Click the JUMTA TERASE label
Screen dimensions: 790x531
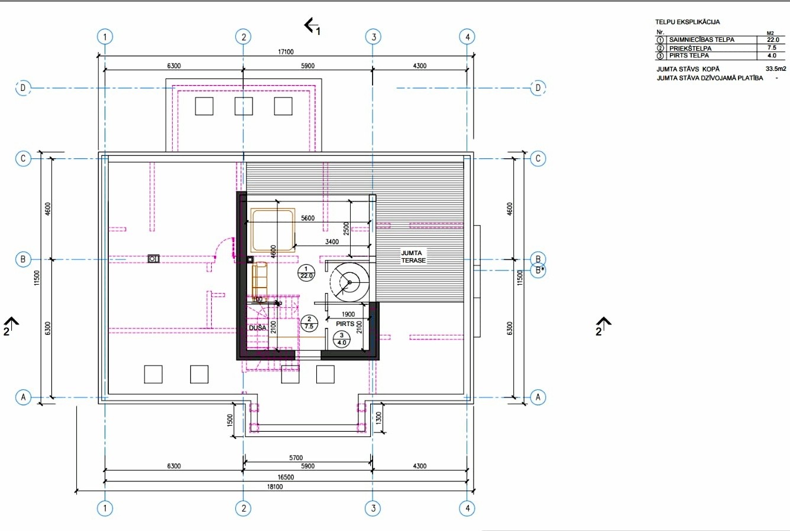413,256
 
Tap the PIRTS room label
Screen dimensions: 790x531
345,324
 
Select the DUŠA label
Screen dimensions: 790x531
257,328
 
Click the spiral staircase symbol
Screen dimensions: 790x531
349,282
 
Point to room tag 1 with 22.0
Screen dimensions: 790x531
306,272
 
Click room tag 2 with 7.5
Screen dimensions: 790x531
309,322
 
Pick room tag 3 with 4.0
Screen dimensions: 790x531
341,339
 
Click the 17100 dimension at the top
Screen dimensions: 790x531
286,52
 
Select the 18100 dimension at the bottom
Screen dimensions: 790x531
275,487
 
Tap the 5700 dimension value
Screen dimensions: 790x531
296,457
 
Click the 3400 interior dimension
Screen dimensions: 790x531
332,242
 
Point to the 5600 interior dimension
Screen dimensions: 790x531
307,218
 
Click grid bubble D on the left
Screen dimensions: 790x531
23,88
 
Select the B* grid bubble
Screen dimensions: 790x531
538,271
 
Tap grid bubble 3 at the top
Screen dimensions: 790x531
374,37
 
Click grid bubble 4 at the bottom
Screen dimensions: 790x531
467,508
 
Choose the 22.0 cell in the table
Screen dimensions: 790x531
773,40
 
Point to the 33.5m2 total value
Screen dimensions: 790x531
776,69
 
